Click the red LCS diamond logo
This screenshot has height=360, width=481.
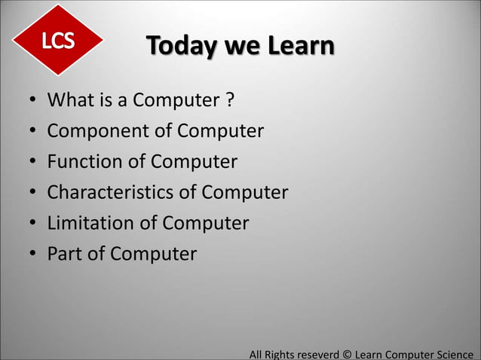tap(58, 41)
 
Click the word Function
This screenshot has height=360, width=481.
tap(85, 162)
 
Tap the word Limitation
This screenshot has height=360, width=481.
tap(92, 224)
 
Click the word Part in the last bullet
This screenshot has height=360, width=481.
tap(65, 254)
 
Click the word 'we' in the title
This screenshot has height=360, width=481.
tap(239, 47)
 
